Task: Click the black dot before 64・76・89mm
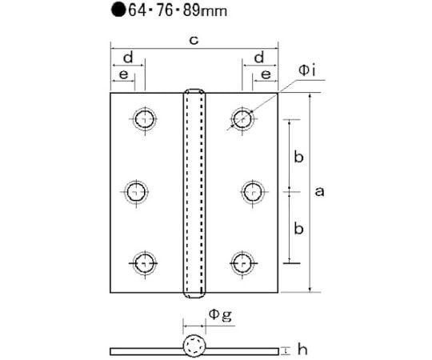click(x=118, y=10)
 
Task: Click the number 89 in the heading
click(x=191, y=10)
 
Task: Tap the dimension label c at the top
click(x=194, y=40)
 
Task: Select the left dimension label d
click(x=128, y=58)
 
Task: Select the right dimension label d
click(x=259, y=58)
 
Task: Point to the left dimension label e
click(x=124, y=74)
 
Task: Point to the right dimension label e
click(x=266, y=74)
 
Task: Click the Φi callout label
click(x=307, y=70)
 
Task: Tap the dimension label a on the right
click(x=319, y=191)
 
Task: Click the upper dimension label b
click(x=298, y=157)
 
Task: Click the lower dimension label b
click(x=298, y=228)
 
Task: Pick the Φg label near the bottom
click(x=220, y=315)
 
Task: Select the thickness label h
click(x=302, y=350)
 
